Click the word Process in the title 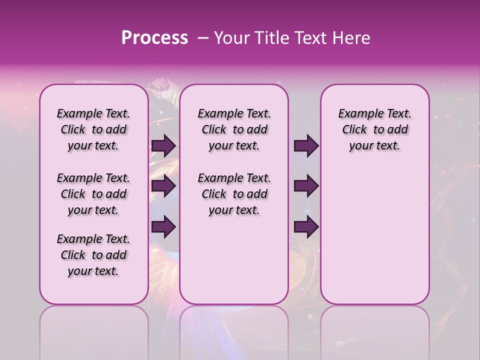(x=154, y=38)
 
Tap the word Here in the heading (x=350, y=38)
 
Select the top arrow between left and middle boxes (x=163, y=146)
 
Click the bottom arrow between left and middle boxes (x=163, y=227)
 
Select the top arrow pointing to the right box (x=306, y=146)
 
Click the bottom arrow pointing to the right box (x=306, y=227)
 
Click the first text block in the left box (x=93, y=129)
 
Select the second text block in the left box (x=93, y=194)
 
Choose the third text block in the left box (x=93, y=255)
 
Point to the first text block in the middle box (x=234, y=129)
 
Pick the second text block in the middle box (x=234, y=194)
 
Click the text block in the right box (x=374, y=129)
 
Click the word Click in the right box (x=354, y=130)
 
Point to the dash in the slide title (x=202, y=38)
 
